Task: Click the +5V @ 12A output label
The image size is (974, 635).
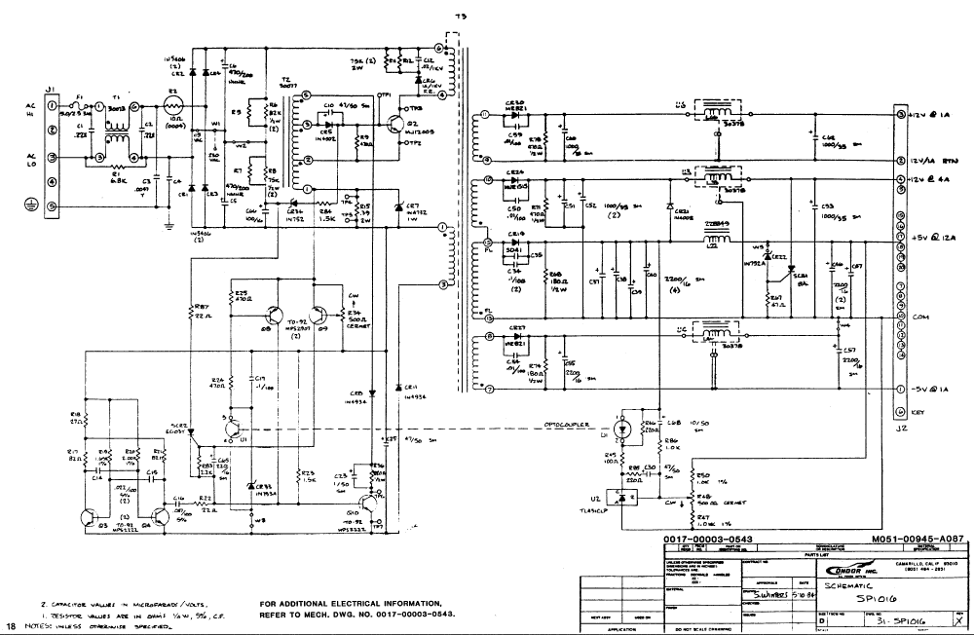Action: [935, 236]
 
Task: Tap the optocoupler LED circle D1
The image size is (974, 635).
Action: [622, 428]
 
